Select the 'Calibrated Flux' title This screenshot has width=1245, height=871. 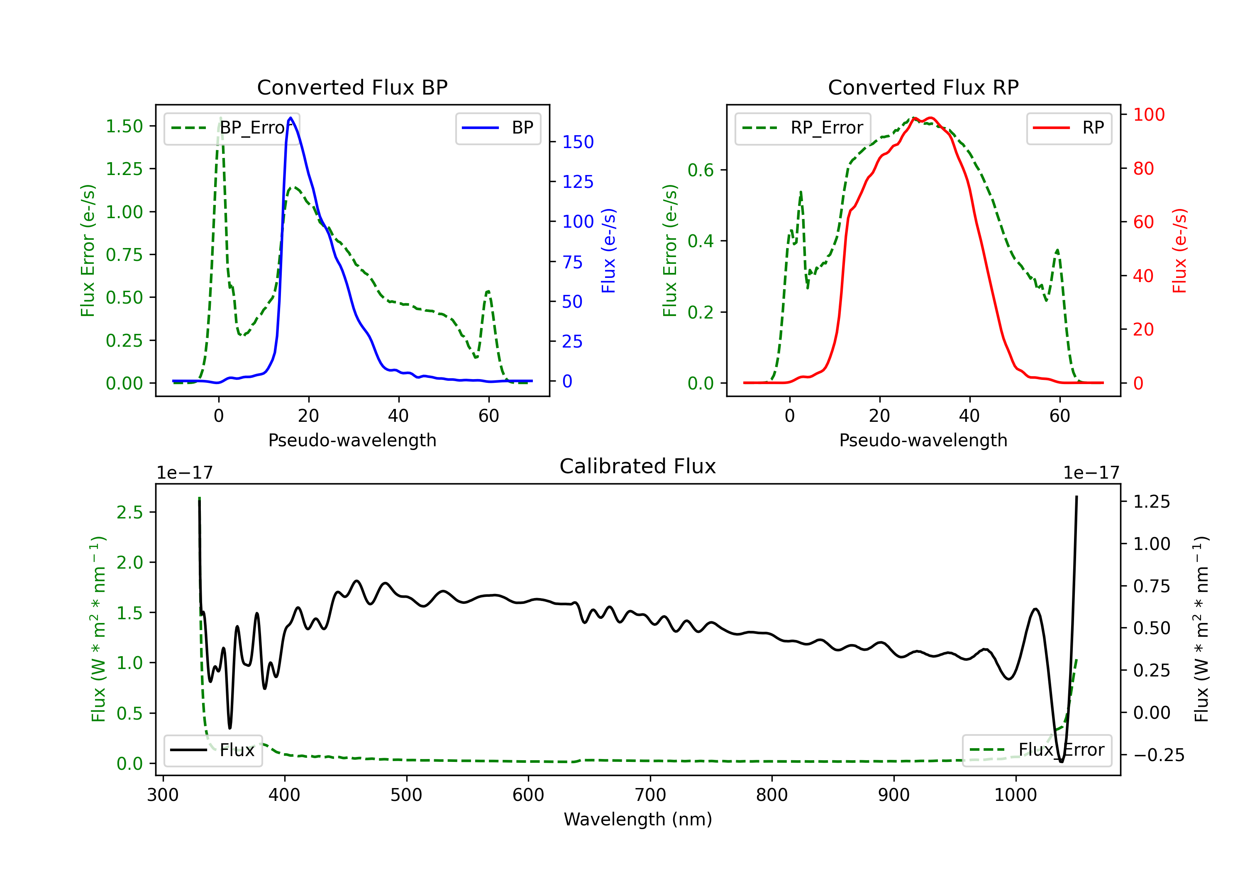pos(638,466)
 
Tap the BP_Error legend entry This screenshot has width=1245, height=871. pos(232,128)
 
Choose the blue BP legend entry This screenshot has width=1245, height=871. pos(498,128)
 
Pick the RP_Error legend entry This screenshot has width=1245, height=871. pos(803,128)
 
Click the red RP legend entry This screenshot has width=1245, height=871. pos(1069,128)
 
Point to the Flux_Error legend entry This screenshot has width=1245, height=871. pos(1037,750)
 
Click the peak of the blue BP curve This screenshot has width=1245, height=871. pos(290,118)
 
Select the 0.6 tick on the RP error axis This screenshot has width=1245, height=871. pos(701,170)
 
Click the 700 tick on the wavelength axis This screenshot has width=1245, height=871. pos(650,795)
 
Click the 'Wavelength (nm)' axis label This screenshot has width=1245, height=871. pos(638,819)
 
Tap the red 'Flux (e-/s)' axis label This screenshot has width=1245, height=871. pos(1180,251)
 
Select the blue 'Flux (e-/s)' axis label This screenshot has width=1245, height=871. pos(608,251)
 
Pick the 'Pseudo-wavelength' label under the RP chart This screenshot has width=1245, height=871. pos(923,440)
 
